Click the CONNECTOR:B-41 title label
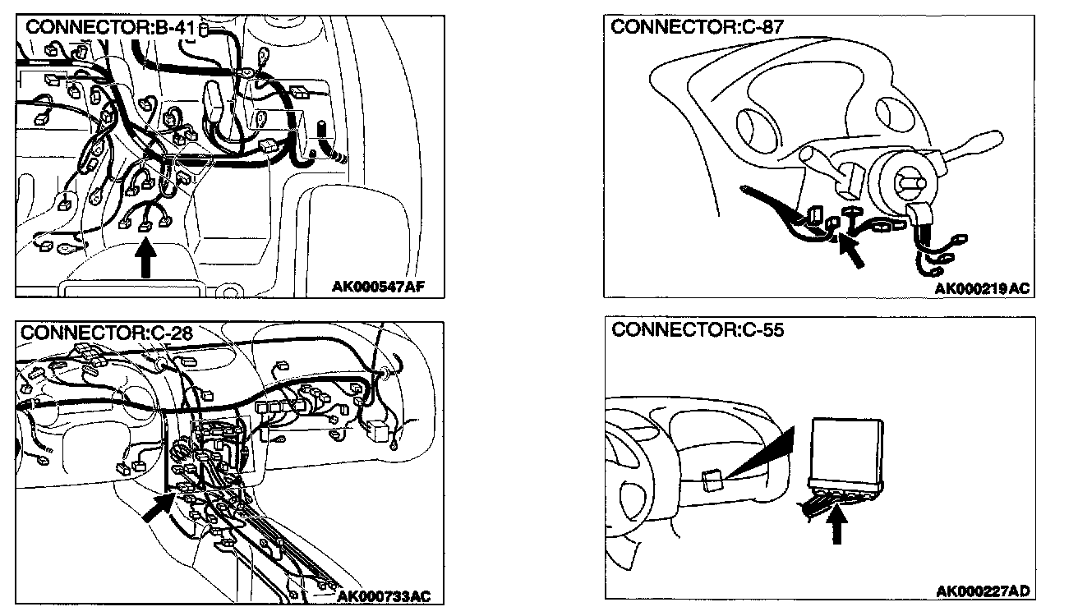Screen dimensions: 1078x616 pyautogui.click(x=110, y=28)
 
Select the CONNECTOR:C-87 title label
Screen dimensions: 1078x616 pyautogui.click(x=697, y=27)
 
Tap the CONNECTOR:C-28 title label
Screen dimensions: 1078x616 pyautogui.click(x=106, y=333)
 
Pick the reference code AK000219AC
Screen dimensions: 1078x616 pyautogui.click(x=982, y=288)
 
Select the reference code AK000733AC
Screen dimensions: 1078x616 pyautogui.click(x=384, y=595)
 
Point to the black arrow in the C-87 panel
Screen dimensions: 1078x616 pyautogui.click(x=851, y=251)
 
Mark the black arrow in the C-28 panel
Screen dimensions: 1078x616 pyautogui.click(x=157, y=509)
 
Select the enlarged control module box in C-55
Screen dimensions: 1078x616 pyautogui.click(x=847, y=450)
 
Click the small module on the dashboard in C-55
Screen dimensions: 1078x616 pyautogui.click(x=712, y=479)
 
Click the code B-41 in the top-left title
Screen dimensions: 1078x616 pyautogui.click(x=173, y=28)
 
